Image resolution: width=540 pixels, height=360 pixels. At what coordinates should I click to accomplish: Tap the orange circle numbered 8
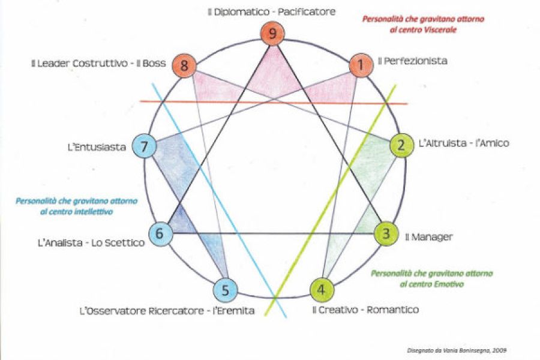click(184, 65)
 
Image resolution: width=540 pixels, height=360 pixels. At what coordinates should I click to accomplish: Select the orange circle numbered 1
click(361, 65)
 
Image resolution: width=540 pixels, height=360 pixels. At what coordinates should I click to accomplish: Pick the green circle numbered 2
click(401, 145)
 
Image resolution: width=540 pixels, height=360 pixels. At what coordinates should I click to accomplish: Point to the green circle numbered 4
click(322, 290)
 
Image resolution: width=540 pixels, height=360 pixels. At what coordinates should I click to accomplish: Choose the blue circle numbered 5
click(226, 290)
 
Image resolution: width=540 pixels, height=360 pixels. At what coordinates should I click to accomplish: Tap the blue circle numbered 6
click(160, 234)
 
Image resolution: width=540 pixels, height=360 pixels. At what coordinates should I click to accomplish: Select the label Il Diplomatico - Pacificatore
click(271, 11)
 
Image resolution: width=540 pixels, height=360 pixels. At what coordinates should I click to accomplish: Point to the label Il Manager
click(428, 237)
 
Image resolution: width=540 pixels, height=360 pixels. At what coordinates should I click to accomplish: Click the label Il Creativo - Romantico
click(365, 310)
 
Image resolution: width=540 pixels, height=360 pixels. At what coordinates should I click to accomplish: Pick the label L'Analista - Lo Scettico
click(91, 243)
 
